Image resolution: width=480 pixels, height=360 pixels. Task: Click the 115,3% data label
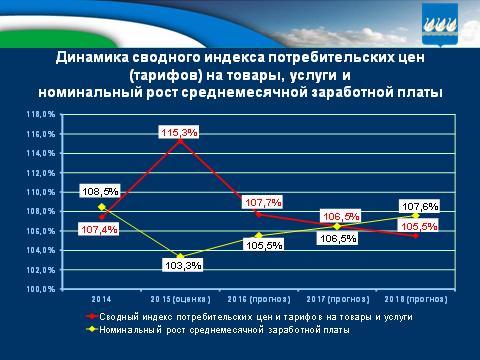[177, 132]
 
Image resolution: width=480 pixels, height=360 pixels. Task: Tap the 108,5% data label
[101, 189]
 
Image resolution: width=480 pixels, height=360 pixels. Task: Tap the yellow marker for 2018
[414, 216]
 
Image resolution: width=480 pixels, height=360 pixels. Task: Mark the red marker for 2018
[414, 236]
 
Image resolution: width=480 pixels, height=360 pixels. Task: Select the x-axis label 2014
[102, 299]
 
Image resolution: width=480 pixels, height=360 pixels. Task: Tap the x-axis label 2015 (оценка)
[181, 299]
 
